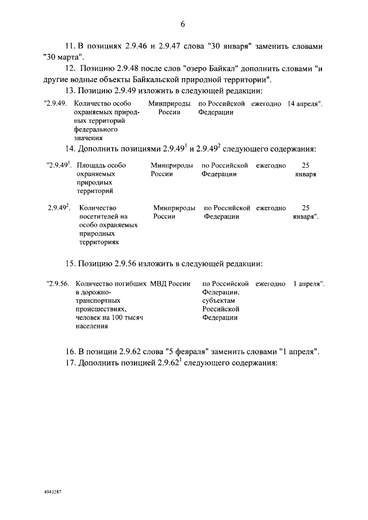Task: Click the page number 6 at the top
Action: [183, 25]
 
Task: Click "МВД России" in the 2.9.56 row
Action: [170, 284]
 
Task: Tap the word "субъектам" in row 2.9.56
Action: [219, 301]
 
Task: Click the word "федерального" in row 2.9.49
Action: [94, 130]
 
